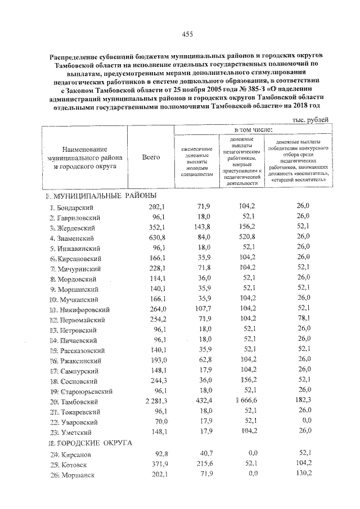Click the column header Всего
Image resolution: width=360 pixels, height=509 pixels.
[151, 157]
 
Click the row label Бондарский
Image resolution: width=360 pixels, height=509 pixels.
[75, 208]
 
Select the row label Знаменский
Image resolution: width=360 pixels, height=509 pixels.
[78, 238]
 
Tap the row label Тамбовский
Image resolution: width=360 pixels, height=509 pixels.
[78, 402]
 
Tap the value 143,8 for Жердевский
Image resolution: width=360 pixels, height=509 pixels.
[200, 227]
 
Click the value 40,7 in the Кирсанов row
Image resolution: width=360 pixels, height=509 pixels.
[201, 453]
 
